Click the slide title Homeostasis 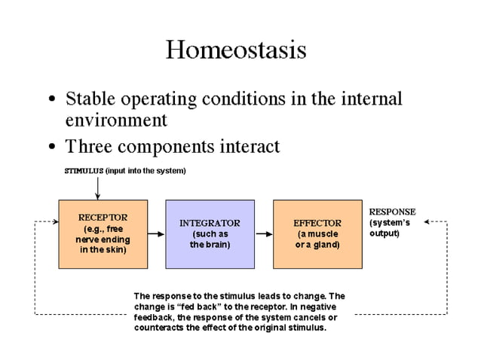pyautogui.click(x=236, y=50)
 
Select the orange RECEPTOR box pyautogui.click(x=103, y=233)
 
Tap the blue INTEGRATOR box pyautogui.click(x=210, y=233)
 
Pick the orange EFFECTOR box pyautogui.click(x=317, y=233)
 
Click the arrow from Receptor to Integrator pyautogui.click(x=156, y=233)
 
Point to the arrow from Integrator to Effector pyautogui.click(x=264, y=233)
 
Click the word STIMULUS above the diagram pyautogui.click(x=83, y=171)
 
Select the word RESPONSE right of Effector pyautogui.click(x=392, y=212)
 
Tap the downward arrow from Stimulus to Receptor pyautogui.click(x=97, y=188)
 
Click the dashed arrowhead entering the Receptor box pyautogui.click(x=54, y=222)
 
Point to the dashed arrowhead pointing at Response pyautogui.click(x=427, y=222)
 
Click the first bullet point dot pyautogui.click(x=51, y=100)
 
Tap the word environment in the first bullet pyautogui.click(x=116, y=121)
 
